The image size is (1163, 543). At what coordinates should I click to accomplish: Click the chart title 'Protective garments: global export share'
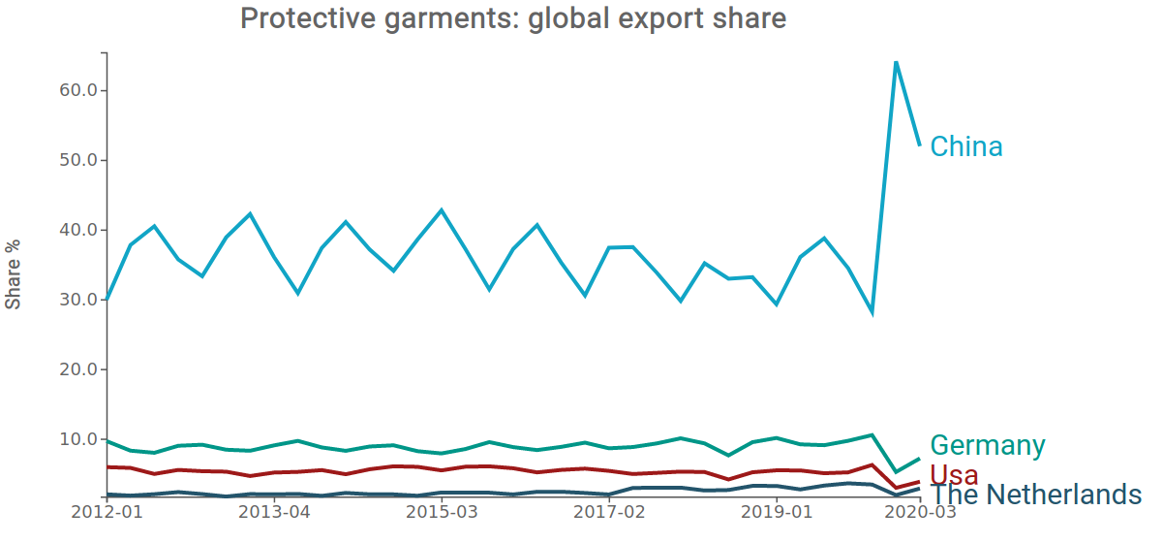click(x=512, y=18)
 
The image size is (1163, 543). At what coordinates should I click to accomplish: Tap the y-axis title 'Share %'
click(x=14, y=274)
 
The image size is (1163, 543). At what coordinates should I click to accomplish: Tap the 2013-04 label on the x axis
click(x=274, y=510)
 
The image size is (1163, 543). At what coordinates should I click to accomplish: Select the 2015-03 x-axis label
click(x=441, y=510)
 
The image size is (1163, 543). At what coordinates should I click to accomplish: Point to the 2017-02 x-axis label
click(x=609, y=510)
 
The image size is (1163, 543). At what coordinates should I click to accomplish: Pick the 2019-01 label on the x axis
click(x=776, y=510)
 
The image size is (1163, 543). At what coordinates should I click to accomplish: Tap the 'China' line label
click(x=966, y=146)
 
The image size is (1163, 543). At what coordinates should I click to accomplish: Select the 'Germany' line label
click(x=988, y=445)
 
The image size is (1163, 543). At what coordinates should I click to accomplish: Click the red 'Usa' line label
click(x=954, y=474)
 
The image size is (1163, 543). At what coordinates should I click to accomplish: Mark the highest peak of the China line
click(x=896, y=62)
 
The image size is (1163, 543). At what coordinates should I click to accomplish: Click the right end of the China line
click(x=919, y=145)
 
